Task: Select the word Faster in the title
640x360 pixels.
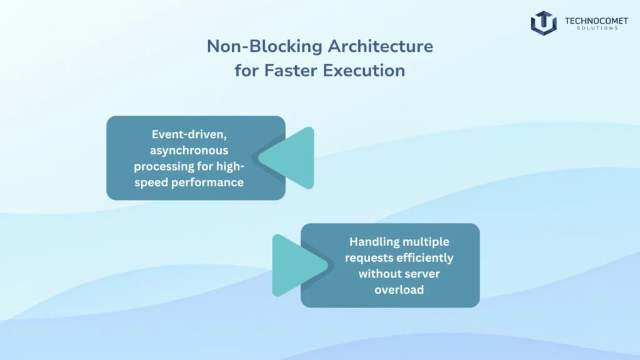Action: click(291, 70)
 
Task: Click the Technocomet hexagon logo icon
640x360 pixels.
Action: click(544, 23)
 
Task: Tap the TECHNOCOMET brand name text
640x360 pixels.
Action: click(596, 21)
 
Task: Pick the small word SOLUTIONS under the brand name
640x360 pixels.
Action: click(597, 28)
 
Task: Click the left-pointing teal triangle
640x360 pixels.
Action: click(286, 158)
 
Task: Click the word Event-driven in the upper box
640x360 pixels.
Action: click(189, 134)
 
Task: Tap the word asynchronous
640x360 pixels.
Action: click(189, 151)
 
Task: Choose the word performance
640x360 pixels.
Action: click(207, 182)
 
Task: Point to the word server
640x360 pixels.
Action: click(422, 274)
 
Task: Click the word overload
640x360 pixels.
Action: click(399, 290)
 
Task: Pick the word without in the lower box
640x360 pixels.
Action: click(379, 274)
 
